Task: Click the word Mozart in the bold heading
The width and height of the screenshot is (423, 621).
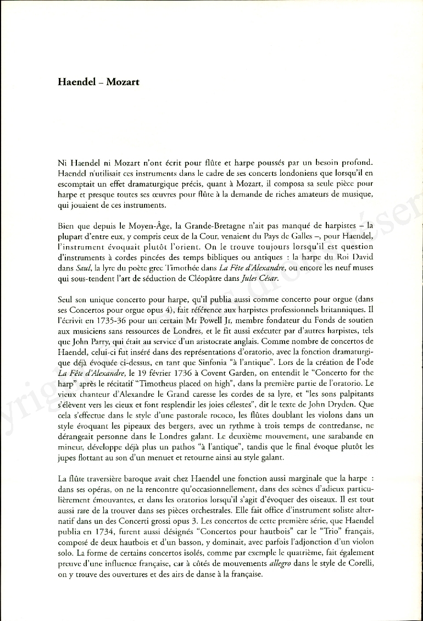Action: tap(123, 82)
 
